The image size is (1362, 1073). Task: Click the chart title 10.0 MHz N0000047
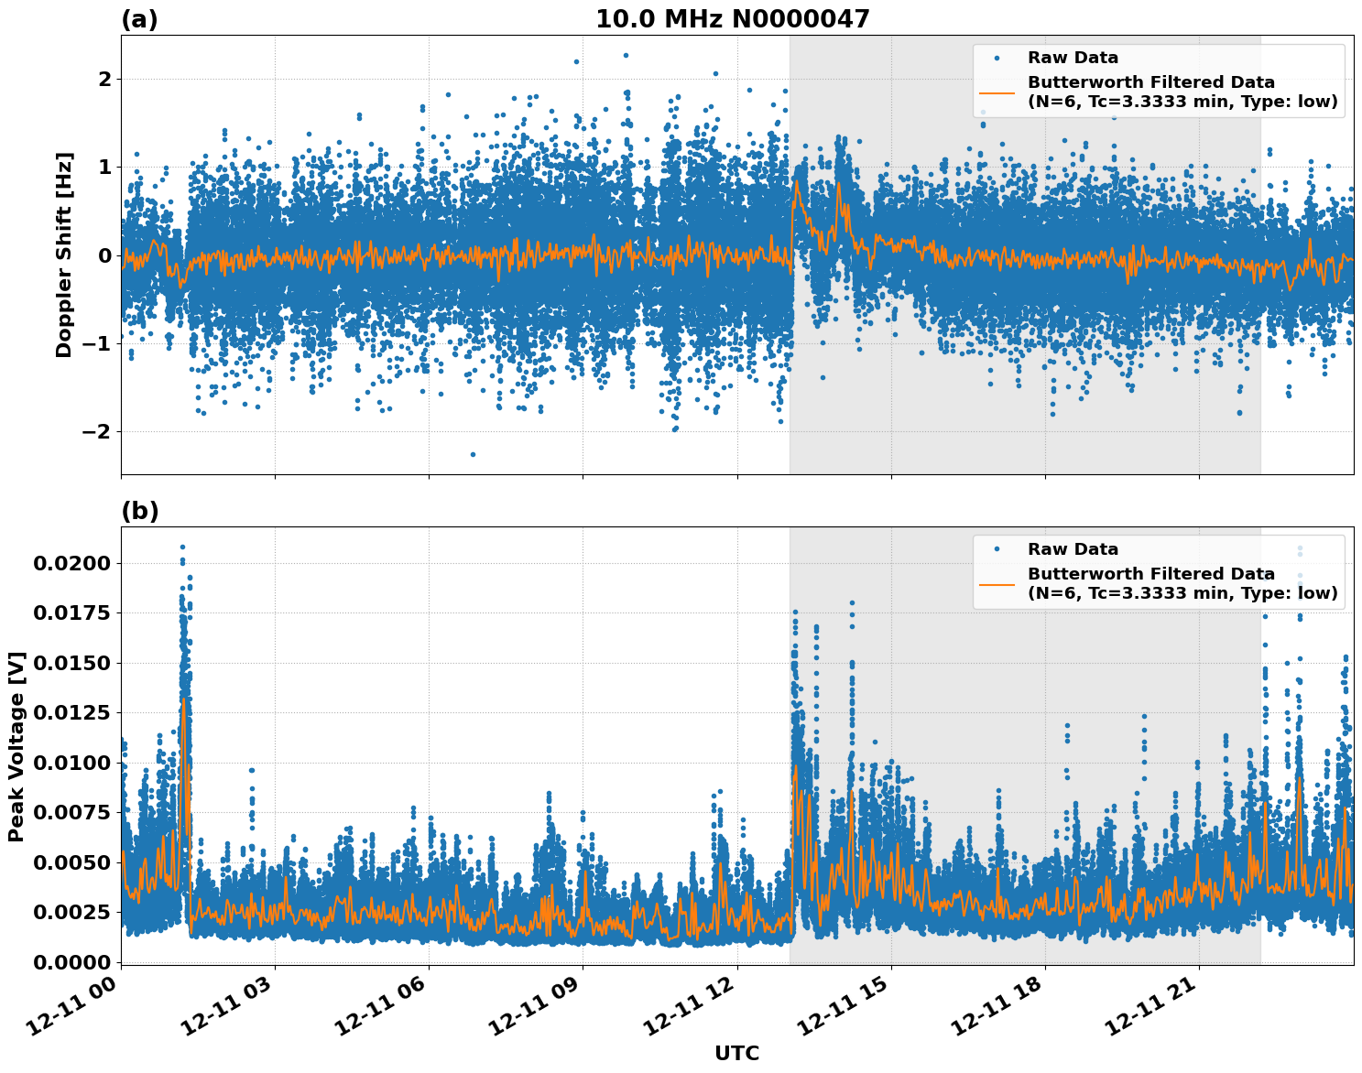[732, 19]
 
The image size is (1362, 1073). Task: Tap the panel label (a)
[139, 19]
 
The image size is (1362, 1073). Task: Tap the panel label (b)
[139, 511]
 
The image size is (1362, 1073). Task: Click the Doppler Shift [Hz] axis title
[63, 255]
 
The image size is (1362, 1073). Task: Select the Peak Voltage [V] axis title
[16, 746]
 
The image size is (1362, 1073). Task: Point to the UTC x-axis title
[736, 1053]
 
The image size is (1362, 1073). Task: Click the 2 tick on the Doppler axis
[104, 80]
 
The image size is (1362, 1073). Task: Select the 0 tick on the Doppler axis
[104, 255]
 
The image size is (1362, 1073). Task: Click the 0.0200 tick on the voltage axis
[71, 563]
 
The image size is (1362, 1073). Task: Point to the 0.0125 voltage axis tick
[71, 713]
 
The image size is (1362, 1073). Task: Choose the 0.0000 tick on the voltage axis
[71, 962]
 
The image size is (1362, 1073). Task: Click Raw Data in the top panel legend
[1073, 58]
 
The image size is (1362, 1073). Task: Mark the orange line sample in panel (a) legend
[997, 92]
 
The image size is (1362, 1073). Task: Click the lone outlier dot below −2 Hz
[473, 454]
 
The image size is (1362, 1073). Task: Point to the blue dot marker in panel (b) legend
[997, 549]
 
